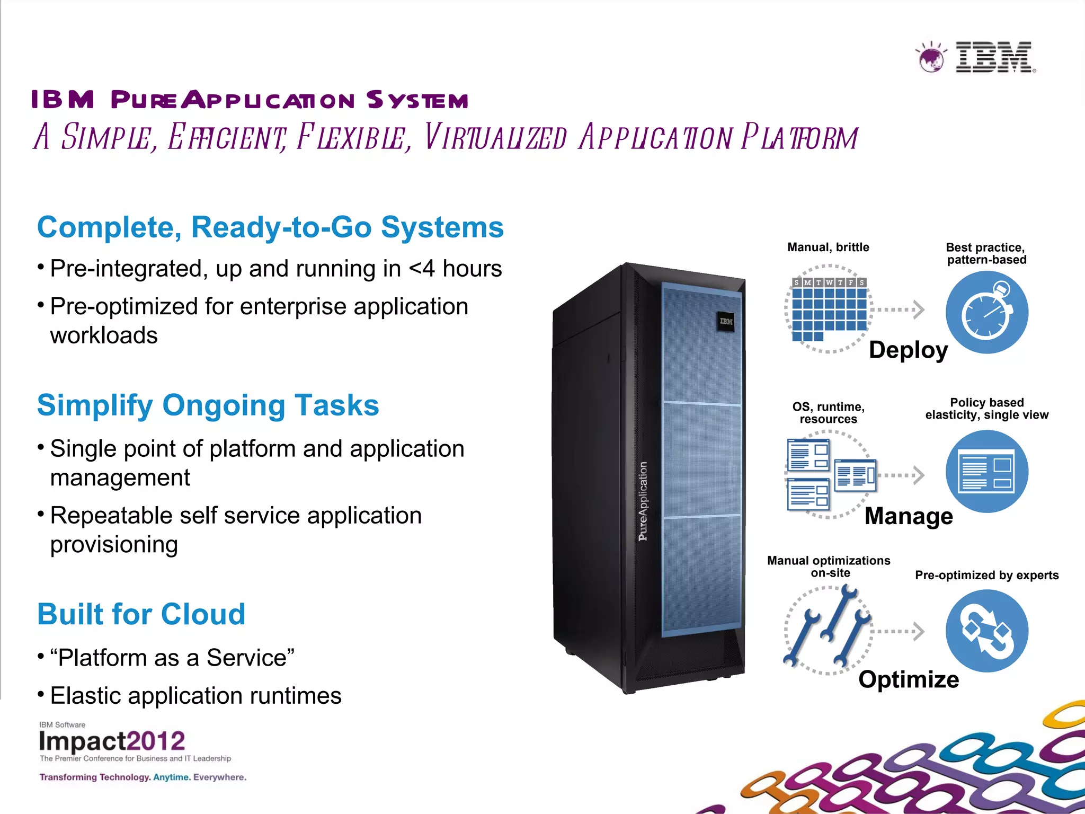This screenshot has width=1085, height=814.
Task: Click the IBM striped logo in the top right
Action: [994, 57]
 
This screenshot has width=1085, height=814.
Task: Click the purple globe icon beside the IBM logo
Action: [931, 58]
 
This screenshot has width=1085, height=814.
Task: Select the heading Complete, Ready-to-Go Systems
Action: [270, 227]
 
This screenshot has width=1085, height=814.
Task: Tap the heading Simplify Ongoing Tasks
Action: [208, 405]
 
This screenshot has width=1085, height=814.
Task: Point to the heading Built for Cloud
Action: [141, 614]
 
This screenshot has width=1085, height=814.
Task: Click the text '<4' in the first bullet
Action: [422, 269]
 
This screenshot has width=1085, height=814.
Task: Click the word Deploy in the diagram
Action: [908, 350]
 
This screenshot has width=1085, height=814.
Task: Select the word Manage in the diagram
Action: [909, 516]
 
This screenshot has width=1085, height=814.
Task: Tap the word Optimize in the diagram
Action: [909, 679]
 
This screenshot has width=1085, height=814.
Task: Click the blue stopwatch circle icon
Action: [987, 312]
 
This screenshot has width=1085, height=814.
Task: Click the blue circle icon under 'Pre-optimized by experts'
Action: [987, 631]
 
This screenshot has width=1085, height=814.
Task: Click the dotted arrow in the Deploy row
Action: [899, 309]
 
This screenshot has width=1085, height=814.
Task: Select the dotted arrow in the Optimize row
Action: [899, 631]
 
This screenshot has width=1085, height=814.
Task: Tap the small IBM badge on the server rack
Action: [726, 321]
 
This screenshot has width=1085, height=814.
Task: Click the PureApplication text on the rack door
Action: [643, 501]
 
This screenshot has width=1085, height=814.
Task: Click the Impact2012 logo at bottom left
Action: [112, 741]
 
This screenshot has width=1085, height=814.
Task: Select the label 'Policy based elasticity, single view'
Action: [986, 409]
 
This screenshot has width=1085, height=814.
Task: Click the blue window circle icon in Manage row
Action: [987, 471]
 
